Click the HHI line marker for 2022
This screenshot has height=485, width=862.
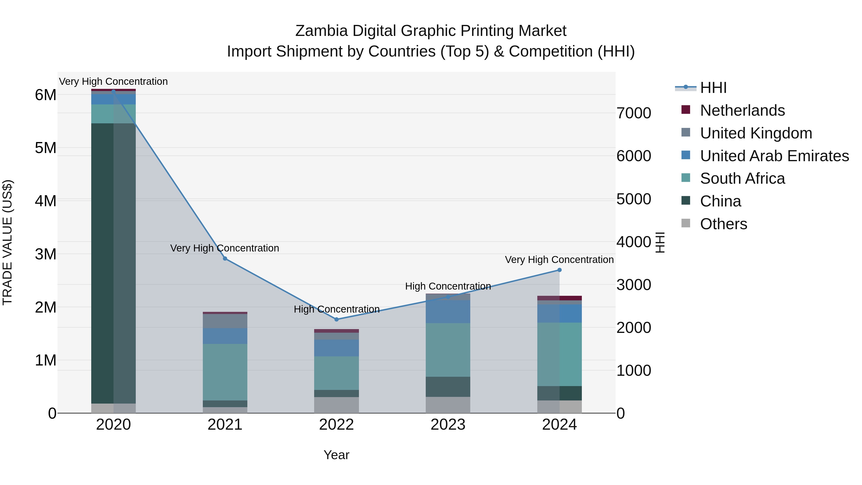pyautogui.click(x=337, y=319)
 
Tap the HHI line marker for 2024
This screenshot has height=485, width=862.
pyautogui.click(x=560, y=270)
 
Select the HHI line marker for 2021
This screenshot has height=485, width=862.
pyautogui.click(x=225, y=259)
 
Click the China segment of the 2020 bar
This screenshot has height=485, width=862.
pyautogui.click(x=113, y=263)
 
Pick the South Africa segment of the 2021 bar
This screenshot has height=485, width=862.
pyautogui.click(x=225, y=372)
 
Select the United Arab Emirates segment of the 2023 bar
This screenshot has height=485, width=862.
pyautogui.click(x=448, y=312)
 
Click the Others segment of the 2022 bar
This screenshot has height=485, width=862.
pyautogui.click(x=336, y=405)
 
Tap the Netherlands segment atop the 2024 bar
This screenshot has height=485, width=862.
pyautogui.click(x=560, y=298)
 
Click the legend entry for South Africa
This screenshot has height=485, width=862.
pyautogui.click(x=742, y=178)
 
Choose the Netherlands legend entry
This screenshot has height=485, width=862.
pyautogui.click(x=742, y=110)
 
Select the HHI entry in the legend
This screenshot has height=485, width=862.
pyautogui.click(x=713, y=88)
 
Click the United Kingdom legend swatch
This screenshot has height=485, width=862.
pyautogui.click(x=686, y=133)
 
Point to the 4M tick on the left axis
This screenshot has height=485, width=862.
pyautogui.click(x=45, y=201)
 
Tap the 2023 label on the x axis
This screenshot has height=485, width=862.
pyautogui.click(x=448, y=425)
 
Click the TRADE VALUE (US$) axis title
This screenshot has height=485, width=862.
pyautogui.click(x=8, y=242)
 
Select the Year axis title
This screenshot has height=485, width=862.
pyautogui.click(x=336, y=455)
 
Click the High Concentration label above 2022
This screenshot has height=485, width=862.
pyautogui.click(x=337, y=309)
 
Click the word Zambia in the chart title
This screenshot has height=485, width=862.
pyautogui.click(x=322, y=31)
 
